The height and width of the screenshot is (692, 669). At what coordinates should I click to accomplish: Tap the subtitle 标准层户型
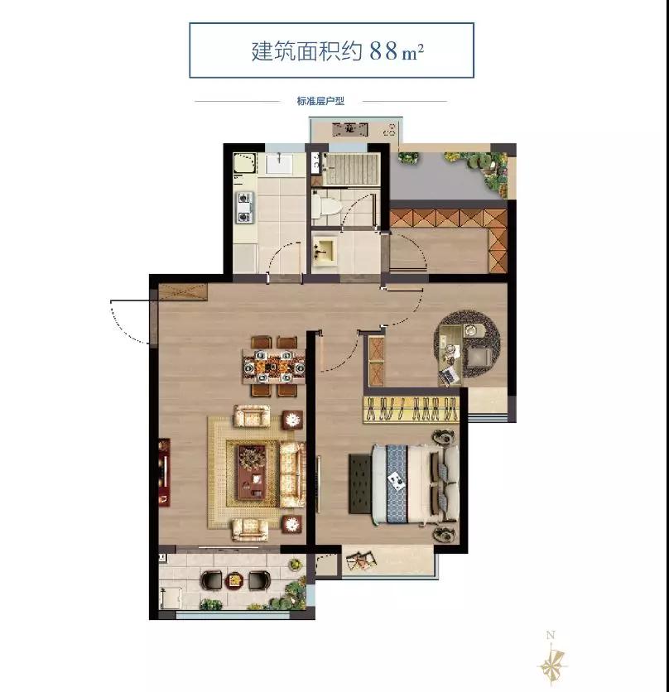(320, 101)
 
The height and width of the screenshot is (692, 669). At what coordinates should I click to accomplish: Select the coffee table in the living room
(251, 472)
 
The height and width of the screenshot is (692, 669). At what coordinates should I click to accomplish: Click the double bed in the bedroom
(415, 484)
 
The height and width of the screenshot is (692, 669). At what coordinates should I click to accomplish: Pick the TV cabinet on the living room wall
(164, 472)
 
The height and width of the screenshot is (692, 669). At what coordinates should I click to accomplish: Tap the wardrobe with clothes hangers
(412, 410)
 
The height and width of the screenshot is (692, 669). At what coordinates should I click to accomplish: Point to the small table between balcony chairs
(234, 580)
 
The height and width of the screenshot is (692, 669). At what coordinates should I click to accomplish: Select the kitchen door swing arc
(282, 261)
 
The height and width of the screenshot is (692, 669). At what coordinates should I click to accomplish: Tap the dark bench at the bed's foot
(360, 484)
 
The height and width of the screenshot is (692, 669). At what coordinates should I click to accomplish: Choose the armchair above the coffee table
(251, 416)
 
